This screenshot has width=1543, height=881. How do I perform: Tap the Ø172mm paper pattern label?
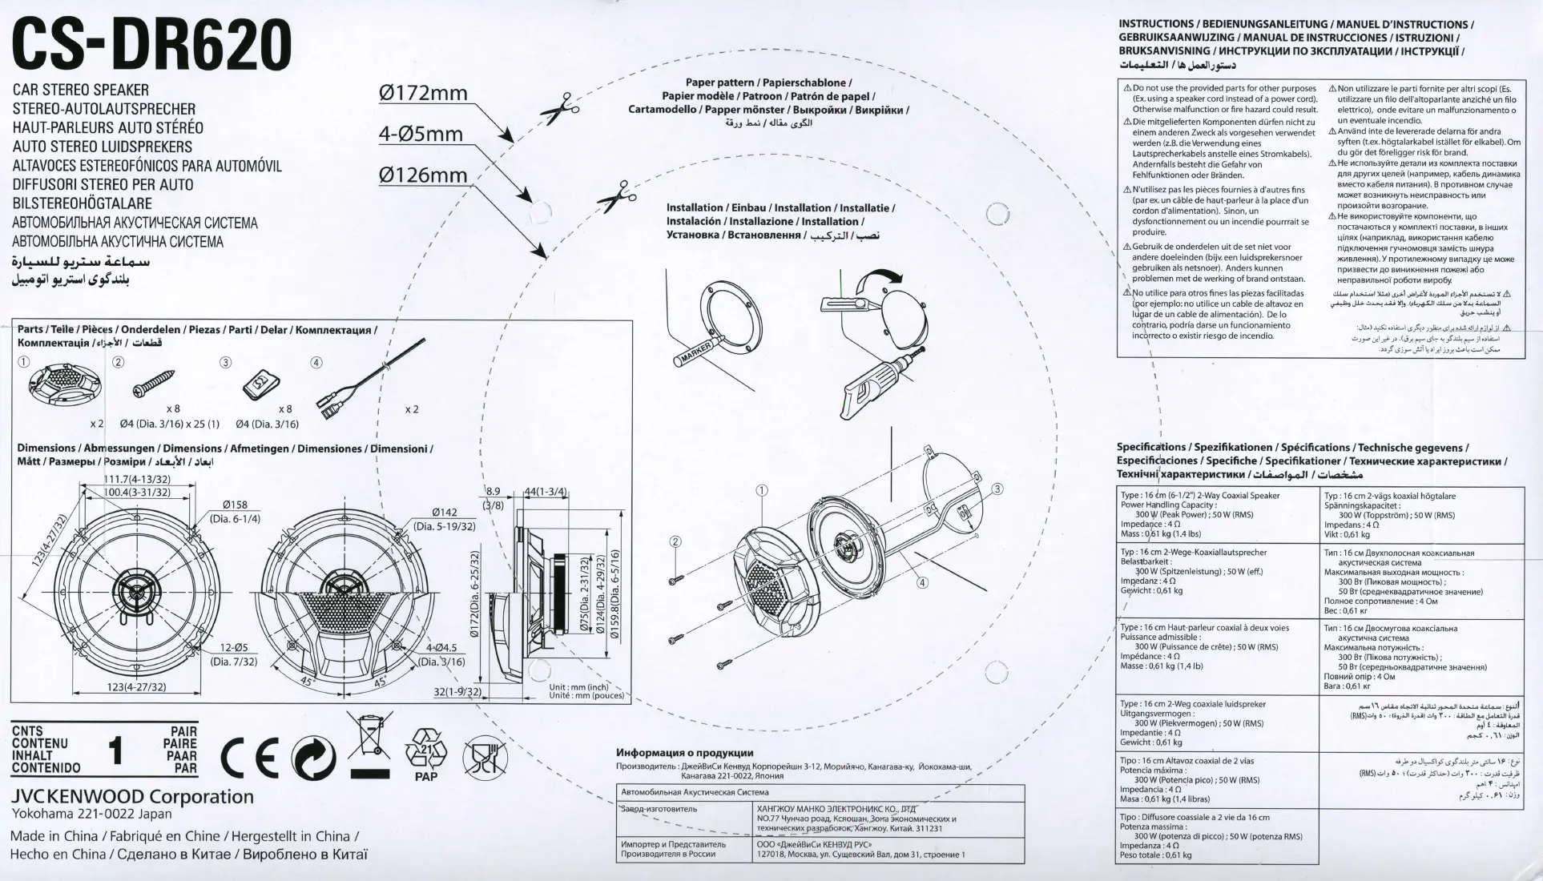[x=423, y=93]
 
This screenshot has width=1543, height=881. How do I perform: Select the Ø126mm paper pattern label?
[x=422, y=175]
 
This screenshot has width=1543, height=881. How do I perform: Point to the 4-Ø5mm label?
[x=421, y=134]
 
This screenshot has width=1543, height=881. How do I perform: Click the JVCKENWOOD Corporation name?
[x=132, y=797]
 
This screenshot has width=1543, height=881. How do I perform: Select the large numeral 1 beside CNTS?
[x=117, y=751]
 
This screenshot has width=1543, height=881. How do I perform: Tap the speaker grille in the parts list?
[x=62, y=384]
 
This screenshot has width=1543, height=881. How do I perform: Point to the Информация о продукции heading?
[x=684, y=753]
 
